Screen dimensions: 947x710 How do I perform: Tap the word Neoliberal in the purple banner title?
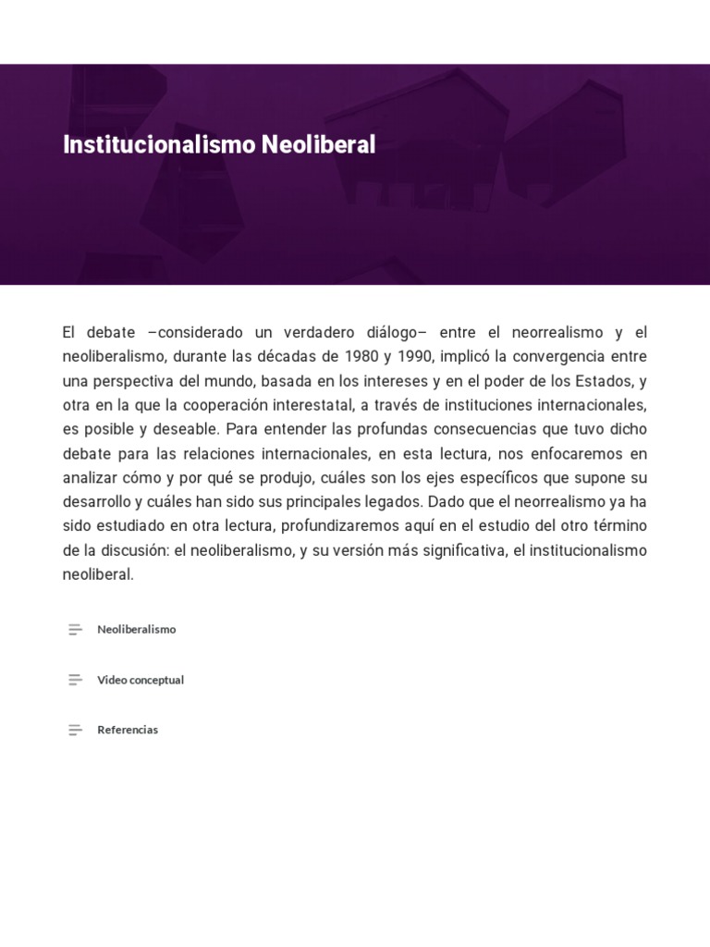click(319, 145)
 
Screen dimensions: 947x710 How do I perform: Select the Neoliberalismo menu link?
click(136, 629)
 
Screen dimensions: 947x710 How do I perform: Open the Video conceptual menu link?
click(141, 680)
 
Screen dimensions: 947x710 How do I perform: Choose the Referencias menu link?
click(128, 730)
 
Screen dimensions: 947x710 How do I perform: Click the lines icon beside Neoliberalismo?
click(75, 629)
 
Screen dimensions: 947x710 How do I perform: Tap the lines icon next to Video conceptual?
click(75, 680)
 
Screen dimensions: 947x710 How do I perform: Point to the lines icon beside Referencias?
click(75, 730)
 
